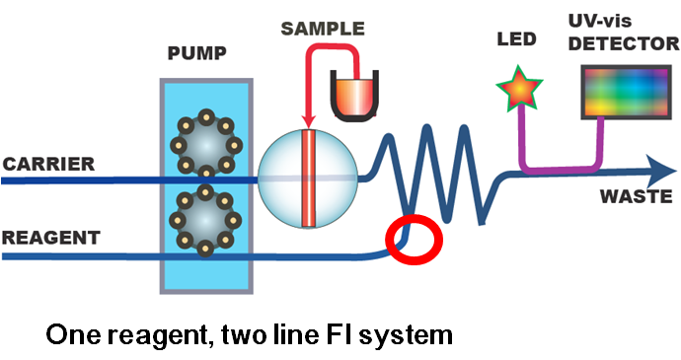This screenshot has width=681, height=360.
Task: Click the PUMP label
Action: click(x=196, y=53)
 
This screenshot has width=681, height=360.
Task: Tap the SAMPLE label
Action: click(x=323, y=29)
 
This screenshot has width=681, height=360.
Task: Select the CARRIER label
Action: click(x=48, y=164)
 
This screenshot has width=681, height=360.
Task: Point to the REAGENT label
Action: click(x=50, y=238)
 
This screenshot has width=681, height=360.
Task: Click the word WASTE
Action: click(x=637, y=196)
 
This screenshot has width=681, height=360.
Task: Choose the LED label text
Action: click(x=517, y=39)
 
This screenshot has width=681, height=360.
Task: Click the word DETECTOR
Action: click(x=624, y=43)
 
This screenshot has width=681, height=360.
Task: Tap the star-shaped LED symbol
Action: click(x=519, y=88)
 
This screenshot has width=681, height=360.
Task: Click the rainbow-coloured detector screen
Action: click(x=627, y=92)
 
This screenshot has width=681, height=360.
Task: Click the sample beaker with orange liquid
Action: click(x=354, y=97)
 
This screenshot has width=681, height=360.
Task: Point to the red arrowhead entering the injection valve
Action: click(x=308, y=121)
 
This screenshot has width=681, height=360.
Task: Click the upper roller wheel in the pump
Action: click(x=206, y=144)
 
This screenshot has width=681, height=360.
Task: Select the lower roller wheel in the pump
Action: click(x=205, y=221)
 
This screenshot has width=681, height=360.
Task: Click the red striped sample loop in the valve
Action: click(x=308, y=179)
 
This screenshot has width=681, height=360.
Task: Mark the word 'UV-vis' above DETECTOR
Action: click(x=600, y=21)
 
